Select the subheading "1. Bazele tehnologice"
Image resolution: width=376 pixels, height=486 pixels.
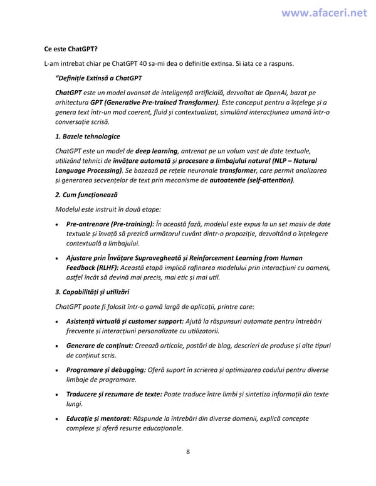[87, 136]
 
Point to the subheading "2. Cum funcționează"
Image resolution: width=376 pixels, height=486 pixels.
[86, 195]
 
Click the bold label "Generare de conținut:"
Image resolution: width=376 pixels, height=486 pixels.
[97, 345]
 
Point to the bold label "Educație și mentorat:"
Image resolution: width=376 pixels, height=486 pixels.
[98, 418]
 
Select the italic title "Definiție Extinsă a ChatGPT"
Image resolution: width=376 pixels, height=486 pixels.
[99, 78]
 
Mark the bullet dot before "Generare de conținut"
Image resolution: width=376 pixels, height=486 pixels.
[58, 345]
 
